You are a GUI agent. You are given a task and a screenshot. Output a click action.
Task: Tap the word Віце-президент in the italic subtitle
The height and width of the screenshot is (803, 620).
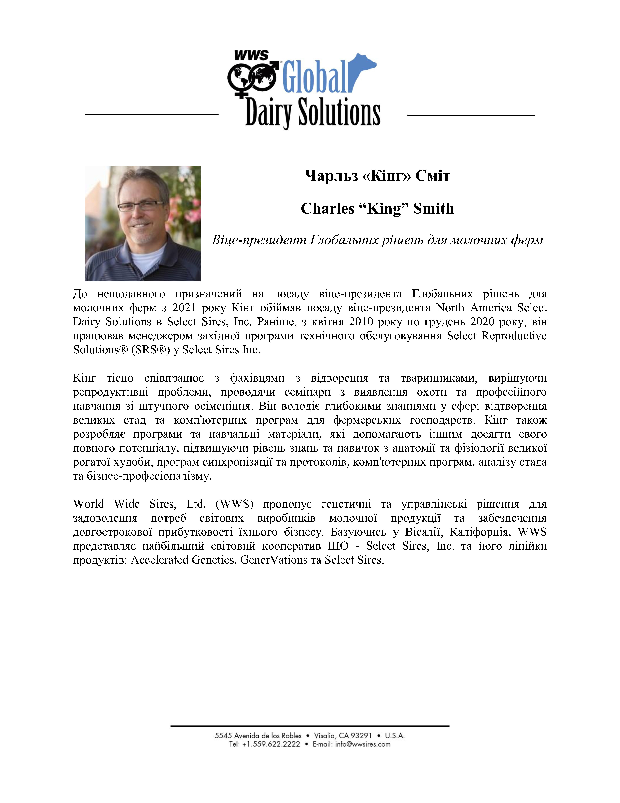(259, 240)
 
